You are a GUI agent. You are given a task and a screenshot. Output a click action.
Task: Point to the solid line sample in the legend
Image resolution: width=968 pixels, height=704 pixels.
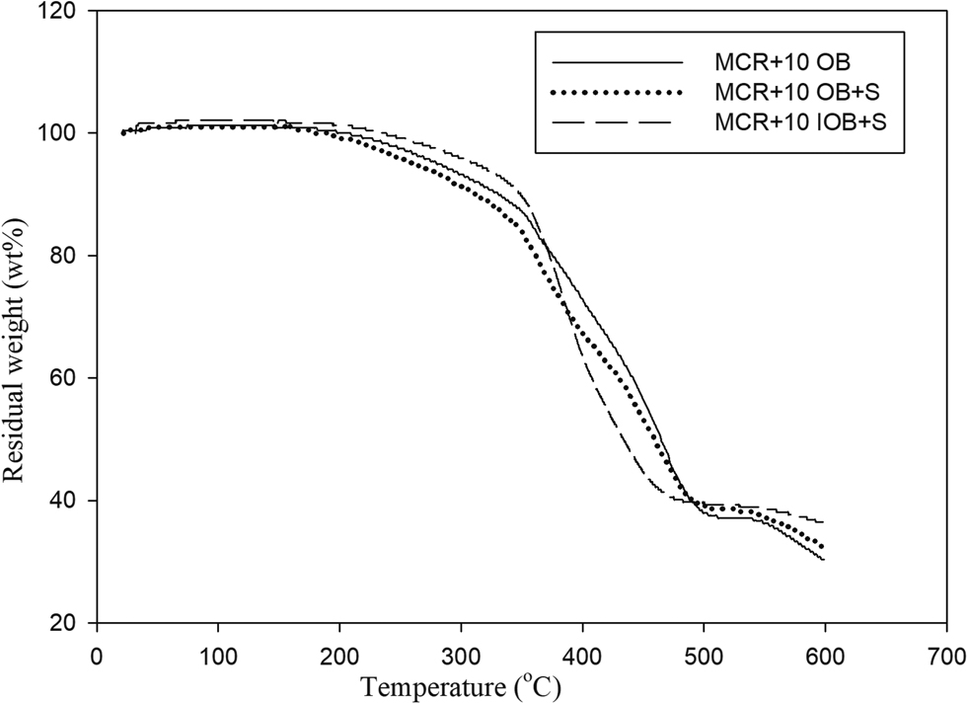pos(618,62)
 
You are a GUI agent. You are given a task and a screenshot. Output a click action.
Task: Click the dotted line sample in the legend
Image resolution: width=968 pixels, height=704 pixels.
pos(618,93)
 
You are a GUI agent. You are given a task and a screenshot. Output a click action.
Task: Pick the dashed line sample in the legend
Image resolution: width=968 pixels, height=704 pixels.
pos(618,122)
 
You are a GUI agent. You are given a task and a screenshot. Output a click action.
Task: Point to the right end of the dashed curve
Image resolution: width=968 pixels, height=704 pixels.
pos(824,521)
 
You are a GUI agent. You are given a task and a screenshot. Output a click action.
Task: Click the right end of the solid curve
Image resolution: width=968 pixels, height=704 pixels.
pos(824,560)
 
